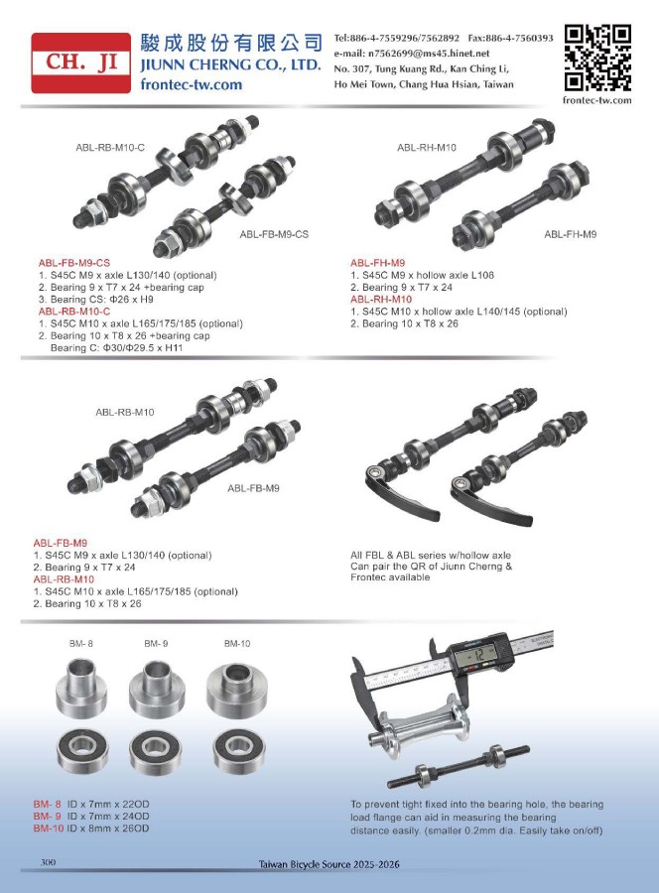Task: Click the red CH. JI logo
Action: click(x=80, y=63)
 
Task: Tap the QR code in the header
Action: click(x=597, y=58)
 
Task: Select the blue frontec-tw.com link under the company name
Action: click(x=191, y=85)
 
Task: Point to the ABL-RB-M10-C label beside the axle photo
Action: click(x=110, y=148)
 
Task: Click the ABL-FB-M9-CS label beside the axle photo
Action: click(x=274, y=234)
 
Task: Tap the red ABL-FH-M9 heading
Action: click(x=377, y=263)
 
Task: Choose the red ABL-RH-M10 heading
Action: click(x=381, y=299)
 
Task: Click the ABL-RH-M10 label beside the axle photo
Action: click(x=427, y=148)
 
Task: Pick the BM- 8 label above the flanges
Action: click(x=80, y=644)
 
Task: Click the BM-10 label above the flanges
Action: click(x=237, y=644)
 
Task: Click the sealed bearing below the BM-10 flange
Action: click(x=238, y=751)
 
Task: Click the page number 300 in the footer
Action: click(x=48, y=862)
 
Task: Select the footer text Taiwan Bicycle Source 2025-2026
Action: click(x=329, y=864)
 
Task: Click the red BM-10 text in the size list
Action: click(x=48, y=829)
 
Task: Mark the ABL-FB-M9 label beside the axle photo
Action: click(x=253, y=488)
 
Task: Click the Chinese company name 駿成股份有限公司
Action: click(x=231, y=43)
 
